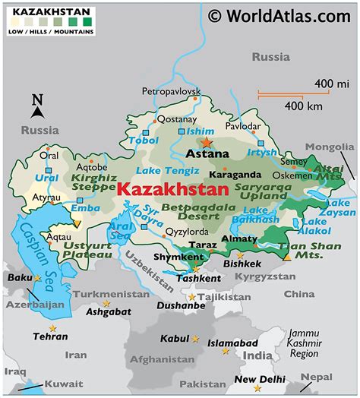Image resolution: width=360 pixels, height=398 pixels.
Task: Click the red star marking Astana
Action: [207, 142]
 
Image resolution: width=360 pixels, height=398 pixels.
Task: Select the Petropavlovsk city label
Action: [171, 92]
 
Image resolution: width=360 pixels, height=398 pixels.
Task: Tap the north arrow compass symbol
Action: [36, 105]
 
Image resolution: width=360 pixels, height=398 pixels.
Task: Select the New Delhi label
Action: [260, 378]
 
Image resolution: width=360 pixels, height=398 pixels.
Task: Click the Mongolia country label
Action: [330, 147]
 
